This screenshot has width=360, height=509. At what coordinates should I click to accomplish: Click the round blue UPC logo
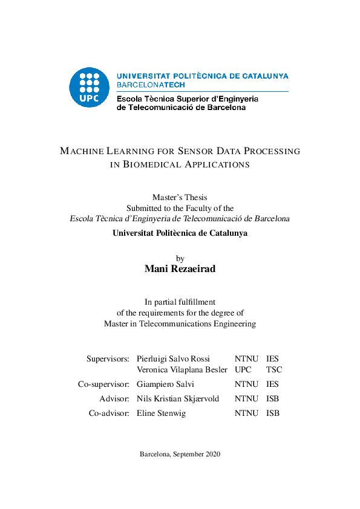click(90, 88)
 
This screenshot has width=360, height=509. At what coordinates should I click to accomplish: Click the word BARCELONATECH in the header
click(151, 85)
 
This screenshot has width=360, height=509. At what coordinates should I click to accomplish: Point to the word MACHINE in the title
click(82, 151)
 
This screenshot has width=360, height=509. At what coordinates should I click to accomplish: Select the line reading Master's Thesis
click(180, 197)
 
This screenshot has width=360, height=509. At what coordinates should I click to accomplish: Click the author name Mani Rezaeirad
click(180, 269)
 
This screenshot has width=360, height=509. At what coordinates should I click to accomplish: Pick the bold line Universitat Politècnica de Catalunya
click(180, 233)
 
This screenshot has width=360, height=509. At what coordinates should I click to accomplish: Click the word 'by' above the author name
click(180, 258)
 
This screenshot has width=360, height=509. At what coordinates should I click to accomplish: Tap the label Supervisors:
click(108, 358)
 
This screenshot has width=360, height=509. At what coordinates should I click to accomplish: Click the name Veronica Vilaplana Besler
click(182, 369)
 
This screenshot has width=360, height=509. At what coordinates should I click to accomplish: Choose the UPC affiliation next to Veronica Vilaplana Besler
click(243, 369)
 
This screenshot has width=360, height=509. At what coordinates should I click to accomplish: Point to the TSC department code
click(274, 369)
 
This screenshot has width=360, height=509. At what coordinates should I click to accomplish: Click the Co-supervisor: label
click(103, 384)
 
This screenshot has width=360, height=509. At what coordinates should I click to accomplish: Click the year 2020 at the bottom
click(212, 454)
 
